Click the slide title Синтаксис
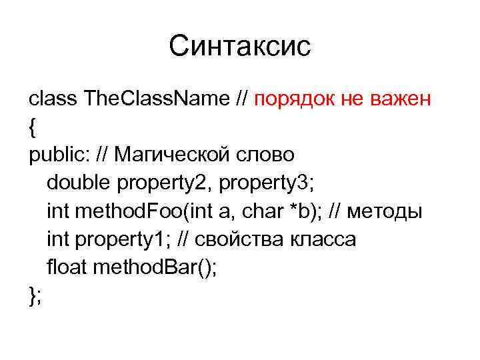pos(240,46)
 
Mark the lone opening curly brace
pos(32,128)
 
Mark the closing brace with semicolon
pos(35,296)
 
